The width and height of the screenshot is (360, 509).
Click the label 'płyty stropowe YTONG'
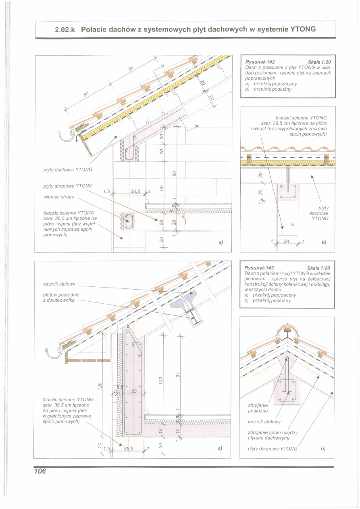(x=67, y=186)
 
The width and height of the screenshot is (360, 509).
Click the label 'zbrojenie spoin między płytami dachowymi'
(x=273, y=435)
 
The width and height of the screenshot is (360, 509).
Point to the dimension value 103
(x=160, y=380)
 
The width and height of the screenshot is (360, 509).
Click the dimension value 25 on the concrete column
(x=135, y=391)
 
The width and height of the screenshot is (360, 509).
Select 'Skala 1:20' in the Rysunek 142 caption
(x=318, y=61)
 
